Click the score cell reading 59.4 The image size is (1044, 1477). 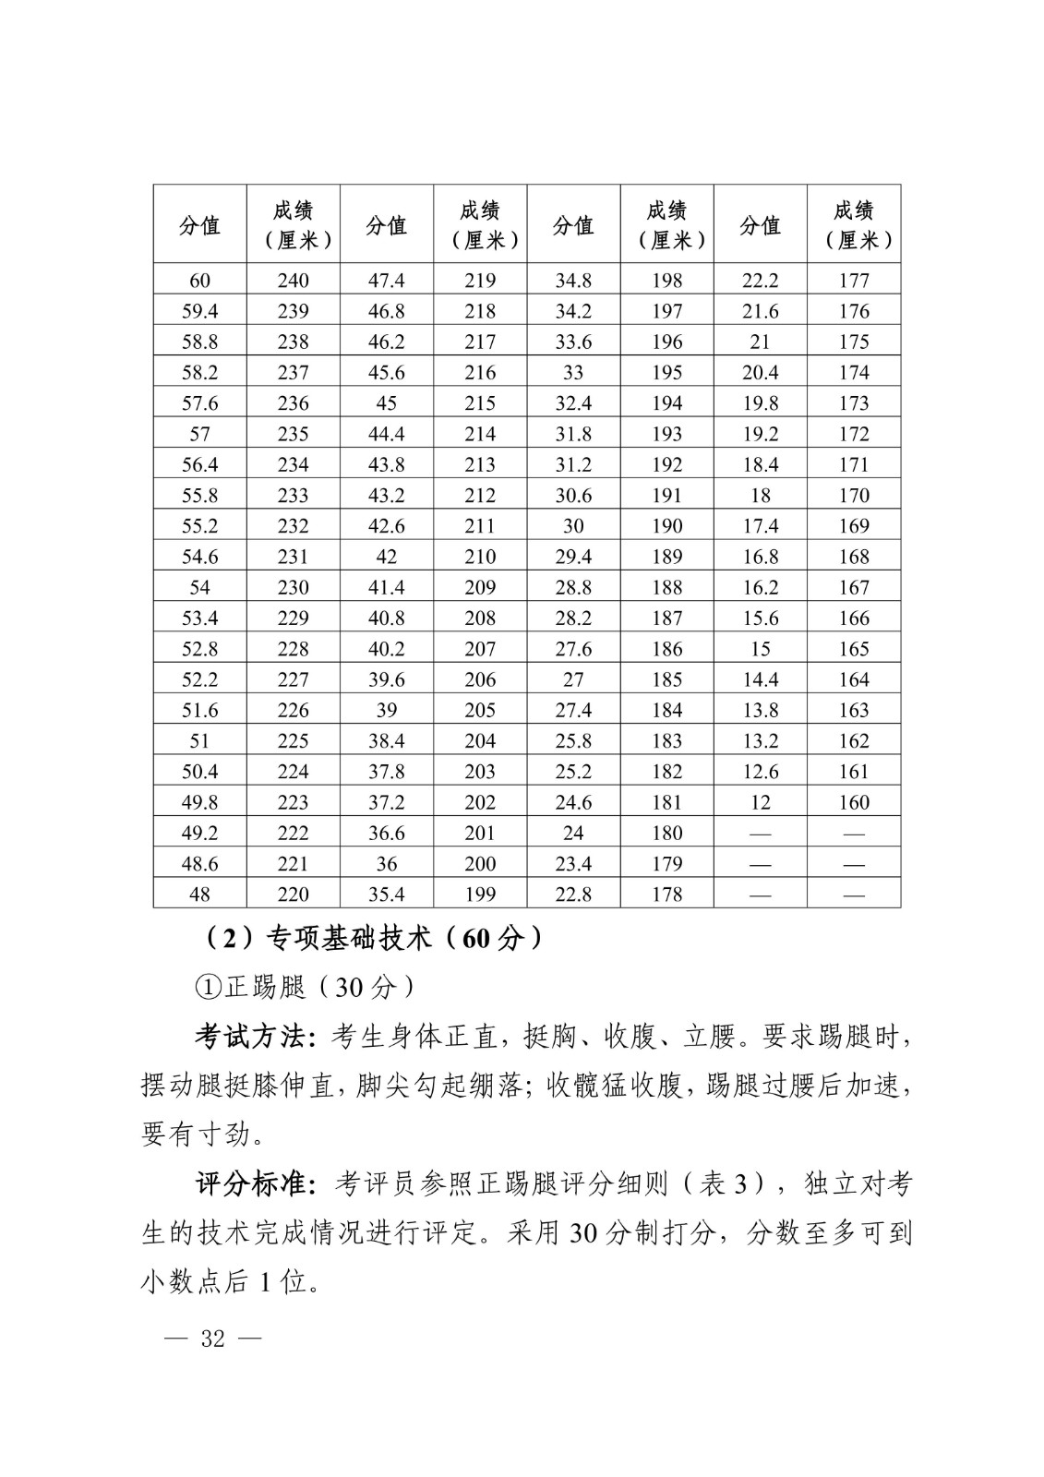pos(199,311)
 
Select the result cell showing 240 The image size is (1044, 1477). pos(294,281)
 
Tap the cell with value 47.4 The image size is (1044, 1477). pos(387,281)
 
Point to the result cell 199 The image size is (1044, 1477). pos(480,895)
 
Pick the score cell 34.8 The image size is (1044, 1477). pos(573,281)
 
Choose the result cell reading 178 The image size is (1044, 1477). pos(666,895)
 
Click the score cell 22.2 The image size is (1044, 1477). pos(760,281)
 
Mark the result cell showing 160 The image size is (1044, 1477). pos(854,802)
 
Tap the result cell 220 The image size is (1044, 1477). pos(294,895)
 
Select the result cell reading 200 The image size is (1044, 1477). pos(480,864)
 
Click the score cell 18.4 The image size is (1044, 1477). pos(760,464)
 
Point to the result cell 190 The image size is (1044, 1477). pos(666,526)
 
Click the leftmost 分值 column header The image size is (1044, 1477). pos(199,225)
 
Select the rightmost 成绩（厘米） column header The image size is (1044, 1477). pos(854,225)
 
